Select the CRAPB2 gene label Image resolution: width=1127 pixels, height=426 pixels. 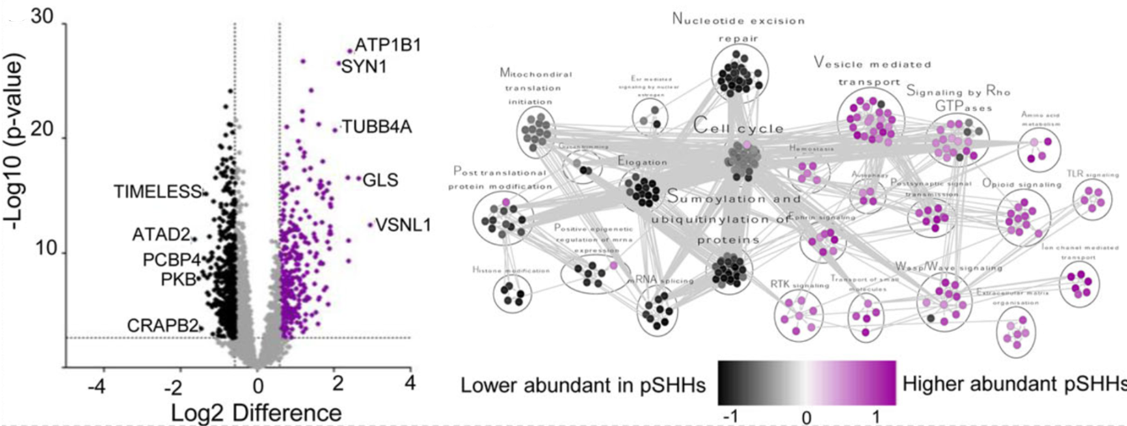pyautogui.click(x=163, y=324)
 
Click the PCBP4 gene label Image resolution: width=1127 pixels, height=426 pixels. pyautogui.click(x=164, y=260)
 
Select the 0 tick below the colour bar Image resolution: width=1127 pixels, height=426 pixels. pyautogui.click(x=806, y=417)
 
